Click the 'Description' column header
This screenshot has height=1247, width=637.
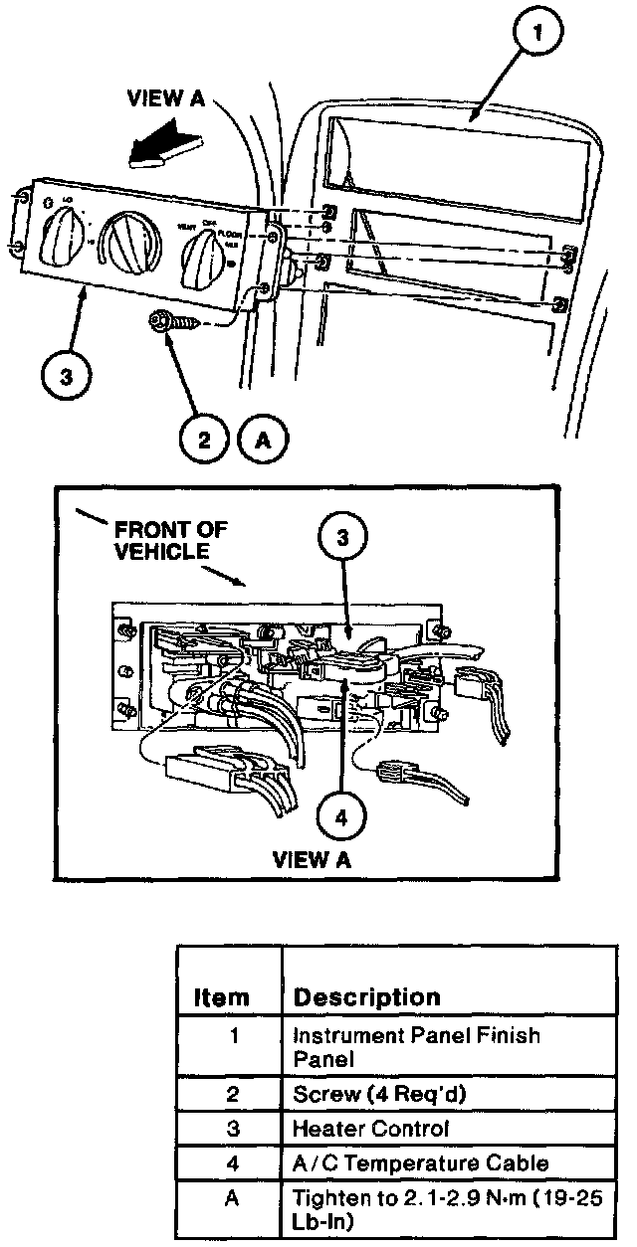tap(367, 996)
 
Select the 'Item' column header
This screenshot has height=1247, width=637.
tap(221, 997)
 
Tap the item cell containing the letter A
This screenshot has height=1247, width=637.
tap(231, 1199)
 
